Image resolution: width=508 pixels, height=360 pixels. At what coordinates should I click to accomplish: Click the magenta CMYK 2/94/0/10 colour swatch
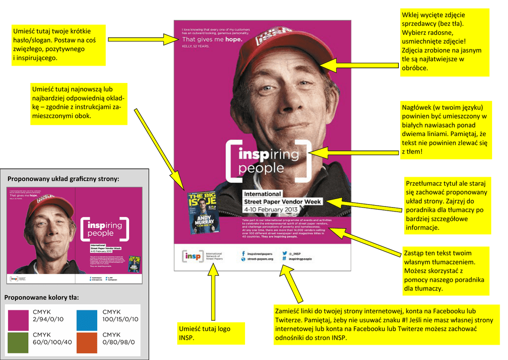tap(18, 319)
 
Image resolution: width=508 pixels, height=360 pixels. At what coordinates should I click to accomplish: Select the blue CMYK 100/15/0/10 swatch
tap(87, 319)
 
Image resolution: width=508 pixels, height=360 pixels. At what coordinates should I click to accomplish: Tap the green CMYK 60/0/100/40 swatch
tap(18, 342)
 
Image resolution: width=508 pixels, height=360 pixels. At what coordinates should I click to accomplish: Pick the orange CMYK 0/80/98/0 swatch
tap(87, 342)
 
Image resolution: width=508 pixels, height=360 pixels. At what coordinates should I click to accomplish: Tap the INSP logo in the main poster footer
tap(191, 256)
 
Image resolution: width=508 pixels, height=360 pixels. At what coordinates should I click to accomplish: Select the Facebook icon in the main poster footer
tap(244, 253)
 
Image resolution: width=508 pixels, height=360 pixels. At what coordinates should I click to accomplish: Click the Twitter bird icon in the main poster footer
tap(284, 253)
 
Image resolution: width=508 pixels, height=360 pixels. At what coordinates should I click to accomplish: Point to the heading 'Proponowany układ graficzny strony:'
tap(63, 179)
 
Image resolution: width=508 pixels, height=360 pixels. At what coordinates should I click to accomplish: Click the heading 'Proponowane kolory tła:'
tap(42, 297)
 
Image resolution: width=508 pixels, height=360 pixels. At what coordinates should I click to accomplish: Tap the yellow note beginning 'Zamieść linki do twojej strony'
tap(384, 324)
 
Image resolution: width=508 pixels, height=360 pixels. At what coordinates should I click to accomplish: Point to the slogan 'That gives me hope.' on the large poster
tap(212, 39)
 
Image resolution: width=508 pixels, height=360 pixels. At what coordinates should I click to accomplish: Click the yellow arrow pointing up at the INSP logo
tap(214, 293)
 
